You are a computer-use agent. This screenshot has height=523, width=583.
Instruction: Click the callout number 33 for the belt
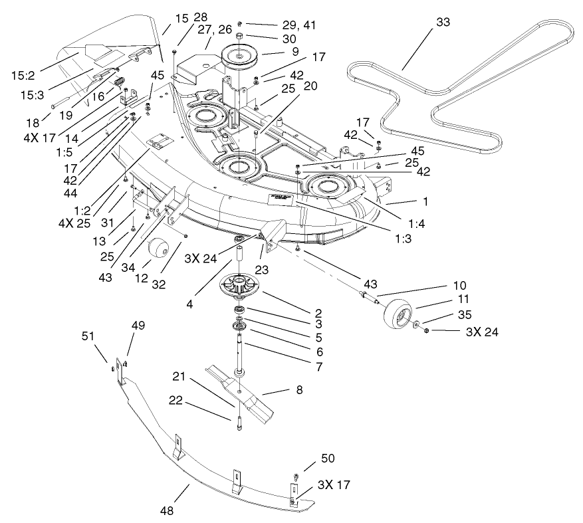coord(443,22)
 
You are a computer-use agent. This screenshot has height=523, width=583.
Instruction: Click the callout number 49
coord(138,325)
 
